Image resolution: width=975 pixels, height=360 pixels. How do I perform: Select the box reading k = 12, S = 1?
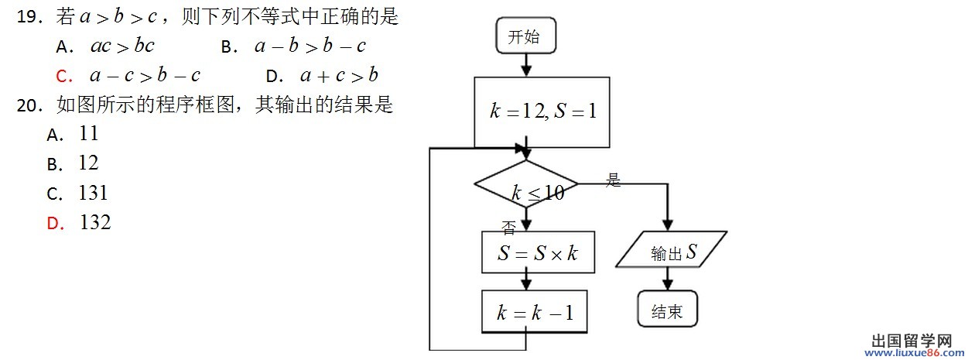pyautogui.click(x=543, y=111)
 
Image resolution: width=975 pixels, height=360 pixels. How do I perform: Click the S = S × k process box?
pyautogui.click(x=538, y=252)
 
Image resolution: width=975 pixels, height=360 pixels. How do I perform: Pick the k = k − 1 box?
pyautogui.click(x=534, y=312)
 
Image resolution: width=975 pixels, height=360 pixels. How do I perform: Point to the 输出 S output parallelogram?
pyautogui.click(x=672, y=252)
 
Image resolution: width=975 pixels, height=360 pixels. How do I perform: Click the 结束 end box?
pyautogui.click(x=667, y=311)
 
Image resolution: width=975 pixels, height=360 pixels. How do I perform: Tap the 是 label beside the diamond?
pyautogui.click(x=614, y=181)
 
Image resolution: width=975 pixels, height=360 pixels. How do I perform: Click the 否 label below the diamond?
pyautogui.click(x=508, y=228)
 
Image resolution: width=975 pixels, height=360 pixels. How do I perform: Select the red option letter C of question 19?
pyautogui.click(x=64, y=76)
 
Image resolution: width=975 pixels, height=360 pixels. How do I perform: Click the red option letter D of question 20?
pyautogui.click(x=54, y=224)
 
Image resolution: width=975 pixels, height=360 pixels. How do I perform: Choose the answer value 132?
pyautogui.click(x=95, y=223)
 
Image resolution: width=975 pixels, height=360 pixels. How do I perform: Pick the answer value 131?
pyautogui.click(x=93, y=193)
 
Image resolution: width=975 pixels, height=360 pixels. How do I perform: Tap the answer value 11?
pyautogui.click(x=89, y=134)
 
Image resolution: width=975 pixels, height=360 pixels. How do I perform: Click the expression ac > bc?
pyautogui.click(x=122, y=46)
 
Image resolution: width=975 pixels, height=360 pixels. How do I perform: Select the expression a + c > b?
pyautogui.click(x=339, y=76)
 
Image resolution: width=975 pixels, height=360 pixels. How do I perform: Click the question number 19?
pyautogui.click(x=28, y=17)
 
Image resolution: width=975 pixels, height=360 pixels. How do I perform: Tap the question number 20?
pyautogui.click(x=28, y=105)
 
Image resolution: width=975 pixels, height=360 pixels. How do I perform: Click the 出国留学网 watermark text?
pyautogui.click(x=912, y=341)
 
